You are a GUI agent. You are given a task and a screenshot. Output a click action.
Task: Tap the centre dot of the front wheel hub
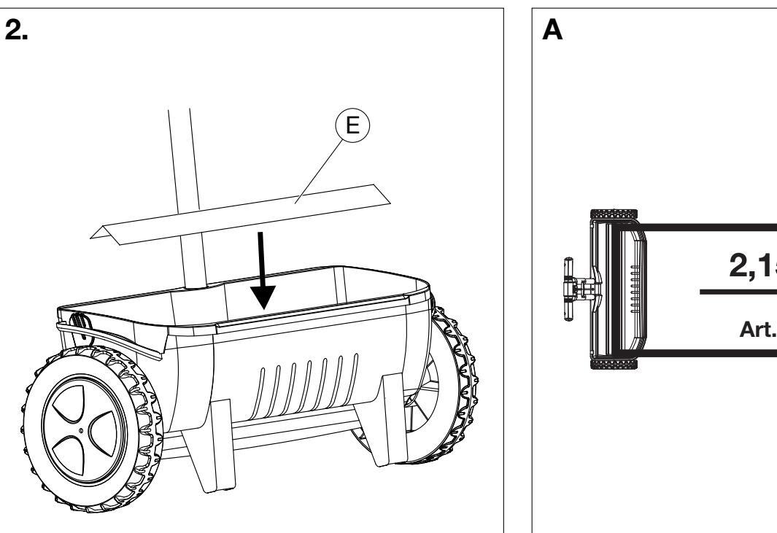90,431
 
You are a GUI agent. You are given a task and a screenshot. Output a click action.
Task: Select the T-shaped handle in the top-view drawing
576,289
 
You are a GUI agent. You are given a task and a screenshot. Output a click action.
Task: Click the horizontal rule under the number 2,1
738,292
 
